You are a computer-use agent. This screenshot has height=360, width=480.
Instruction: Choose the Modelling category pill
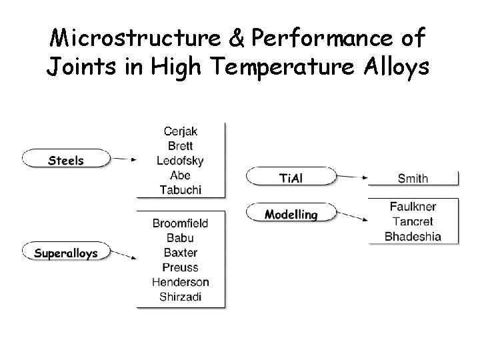click(x=291, y=214)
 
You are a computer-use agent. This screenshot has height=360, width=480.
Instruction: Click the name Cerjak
click(x=180, y=131)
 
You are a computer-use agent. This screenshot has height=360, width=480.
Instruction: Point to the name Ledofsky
click(x=180, y=161)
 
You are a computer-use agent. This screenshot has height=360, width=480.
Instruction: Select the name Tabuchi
click(x=180, y=189)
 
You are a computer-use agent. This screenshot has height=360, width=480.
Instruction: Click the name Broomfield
click(x=180, y=223)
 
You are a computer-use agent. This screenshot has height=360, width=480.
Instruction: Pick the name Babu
click(x=180, y=238)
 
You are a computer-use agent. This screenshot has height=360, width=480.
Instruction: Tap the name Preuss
click(x=180, y=267)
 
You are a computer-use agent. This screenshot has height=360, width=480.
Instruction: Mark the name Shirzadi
click(x=180, y=297)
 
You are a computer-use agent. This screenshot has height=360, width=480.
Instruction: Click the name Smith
click(x=413, y=178)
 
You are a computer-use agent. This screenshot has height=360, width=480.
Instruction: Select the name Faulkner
click(x=413, y=207)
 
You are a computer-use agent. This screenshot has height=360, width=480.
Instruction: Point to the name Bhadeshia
click(x=413, y=236)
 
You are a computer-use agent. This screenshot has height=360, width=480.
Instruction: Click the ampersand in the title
click(x=238, y=39)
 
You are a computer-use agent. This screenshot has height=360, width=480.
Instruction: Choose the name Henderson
click(x=180, y=282)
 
